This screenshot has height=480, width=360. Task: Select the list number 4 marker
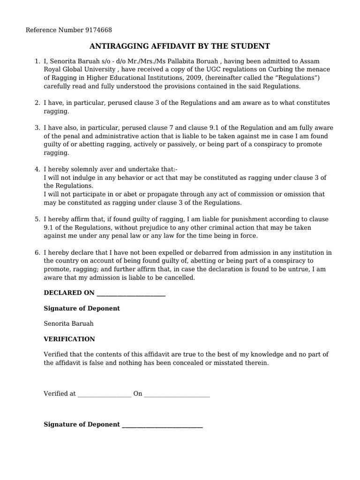[37, 169]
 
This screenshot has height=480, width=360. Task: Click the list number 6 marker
[37, 253]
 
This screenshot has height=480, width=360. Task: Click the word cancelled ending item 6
[179, 277]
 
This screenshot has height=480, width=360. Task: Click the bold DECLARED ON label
[69, 293]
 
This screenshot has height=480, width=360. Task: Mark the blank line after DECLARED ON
[130, 294]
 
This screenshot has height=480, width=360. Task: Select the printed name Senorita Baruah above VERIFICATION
[68, 323]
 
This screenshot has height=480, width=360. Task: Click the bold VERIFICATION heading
[69, 339]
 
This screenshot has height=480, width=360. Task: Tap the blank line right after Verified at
[104, 395]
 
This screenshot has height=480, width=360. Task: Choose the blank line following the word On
[177, 395]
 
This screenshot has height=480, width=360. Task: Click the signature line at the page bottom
[162, 425]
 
